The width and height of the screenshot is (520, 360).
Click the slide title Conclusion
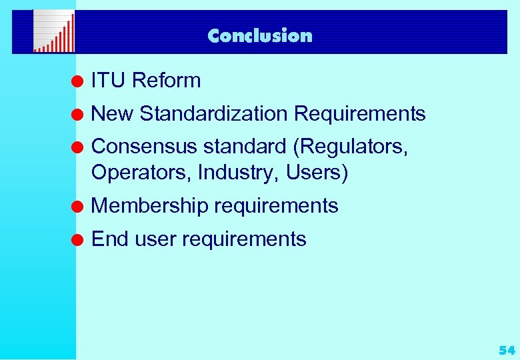pos(259,35)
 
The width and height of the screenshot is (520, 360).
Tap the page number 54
pos(506,350)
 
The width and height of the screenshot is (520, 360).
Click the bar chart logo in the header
pos(54,33)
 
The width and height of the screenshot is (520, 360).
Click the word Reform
pos(166,81)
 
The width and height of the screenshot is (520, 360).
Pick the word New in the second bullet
pos(112,114)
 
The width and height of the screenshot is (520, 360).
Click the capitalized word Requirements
pos(359,114)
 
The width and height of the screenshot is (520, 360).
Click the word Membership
pos(149,206)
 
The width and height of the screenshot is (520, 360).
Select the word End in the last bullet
pos(109,239)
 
